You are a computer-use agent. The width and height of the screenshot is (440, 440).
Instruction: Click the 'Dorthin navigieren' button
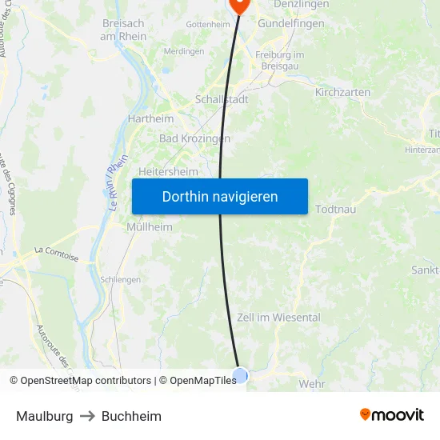coord(220,196)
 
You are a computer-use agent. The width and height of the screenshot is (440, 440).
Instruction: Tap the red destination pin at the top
coord(239,4)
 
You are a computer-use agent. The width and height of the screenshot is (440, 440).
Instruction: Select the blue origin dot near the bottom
coord(240,375)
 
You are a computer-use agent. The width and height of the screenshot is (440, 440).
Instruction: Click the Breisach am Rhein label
coord(123,30)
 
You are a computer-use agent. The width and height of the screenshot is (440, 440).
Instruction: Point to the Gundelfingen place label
coord(290,23)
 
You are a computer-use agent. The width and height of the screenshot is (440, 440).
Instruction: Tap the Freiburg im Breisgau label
coord(279,60)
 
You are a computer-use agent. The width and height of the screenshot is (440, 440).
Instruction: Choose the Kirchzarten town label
coord(342,92)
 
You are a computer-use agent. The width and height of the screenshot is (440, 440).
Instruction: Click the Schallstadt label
coord(222,100)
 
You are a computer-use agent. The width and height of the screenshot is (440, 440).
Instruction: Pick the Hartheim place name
coord(150,118)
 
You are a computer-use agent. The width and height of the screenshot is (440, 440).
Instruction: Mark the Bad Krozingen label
coord(194,138)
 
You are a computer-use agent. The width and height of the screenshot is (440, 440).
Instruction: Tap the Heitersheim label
coord(168,171)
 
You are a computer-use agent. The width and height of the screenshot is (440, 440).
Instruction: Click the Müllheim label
coord(150,227)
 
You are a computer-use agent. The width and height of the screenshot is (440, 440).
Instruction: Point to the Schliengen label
coord(121,280)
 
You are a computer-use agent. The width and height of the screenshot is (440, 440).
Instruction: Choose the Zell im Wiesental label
coord(278,318)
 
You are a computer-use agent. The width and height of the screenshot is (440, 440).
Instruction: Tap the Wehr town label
coord(311,384)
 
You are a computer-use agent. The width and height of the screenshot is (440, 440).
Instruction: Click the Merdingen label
coord(184,51)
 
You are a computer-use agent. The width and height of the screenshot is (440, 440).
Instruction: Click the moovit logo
coord(391,415)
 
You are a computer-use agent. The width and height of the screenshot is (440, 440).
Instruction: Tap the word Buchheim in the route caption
coord(131,416)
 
